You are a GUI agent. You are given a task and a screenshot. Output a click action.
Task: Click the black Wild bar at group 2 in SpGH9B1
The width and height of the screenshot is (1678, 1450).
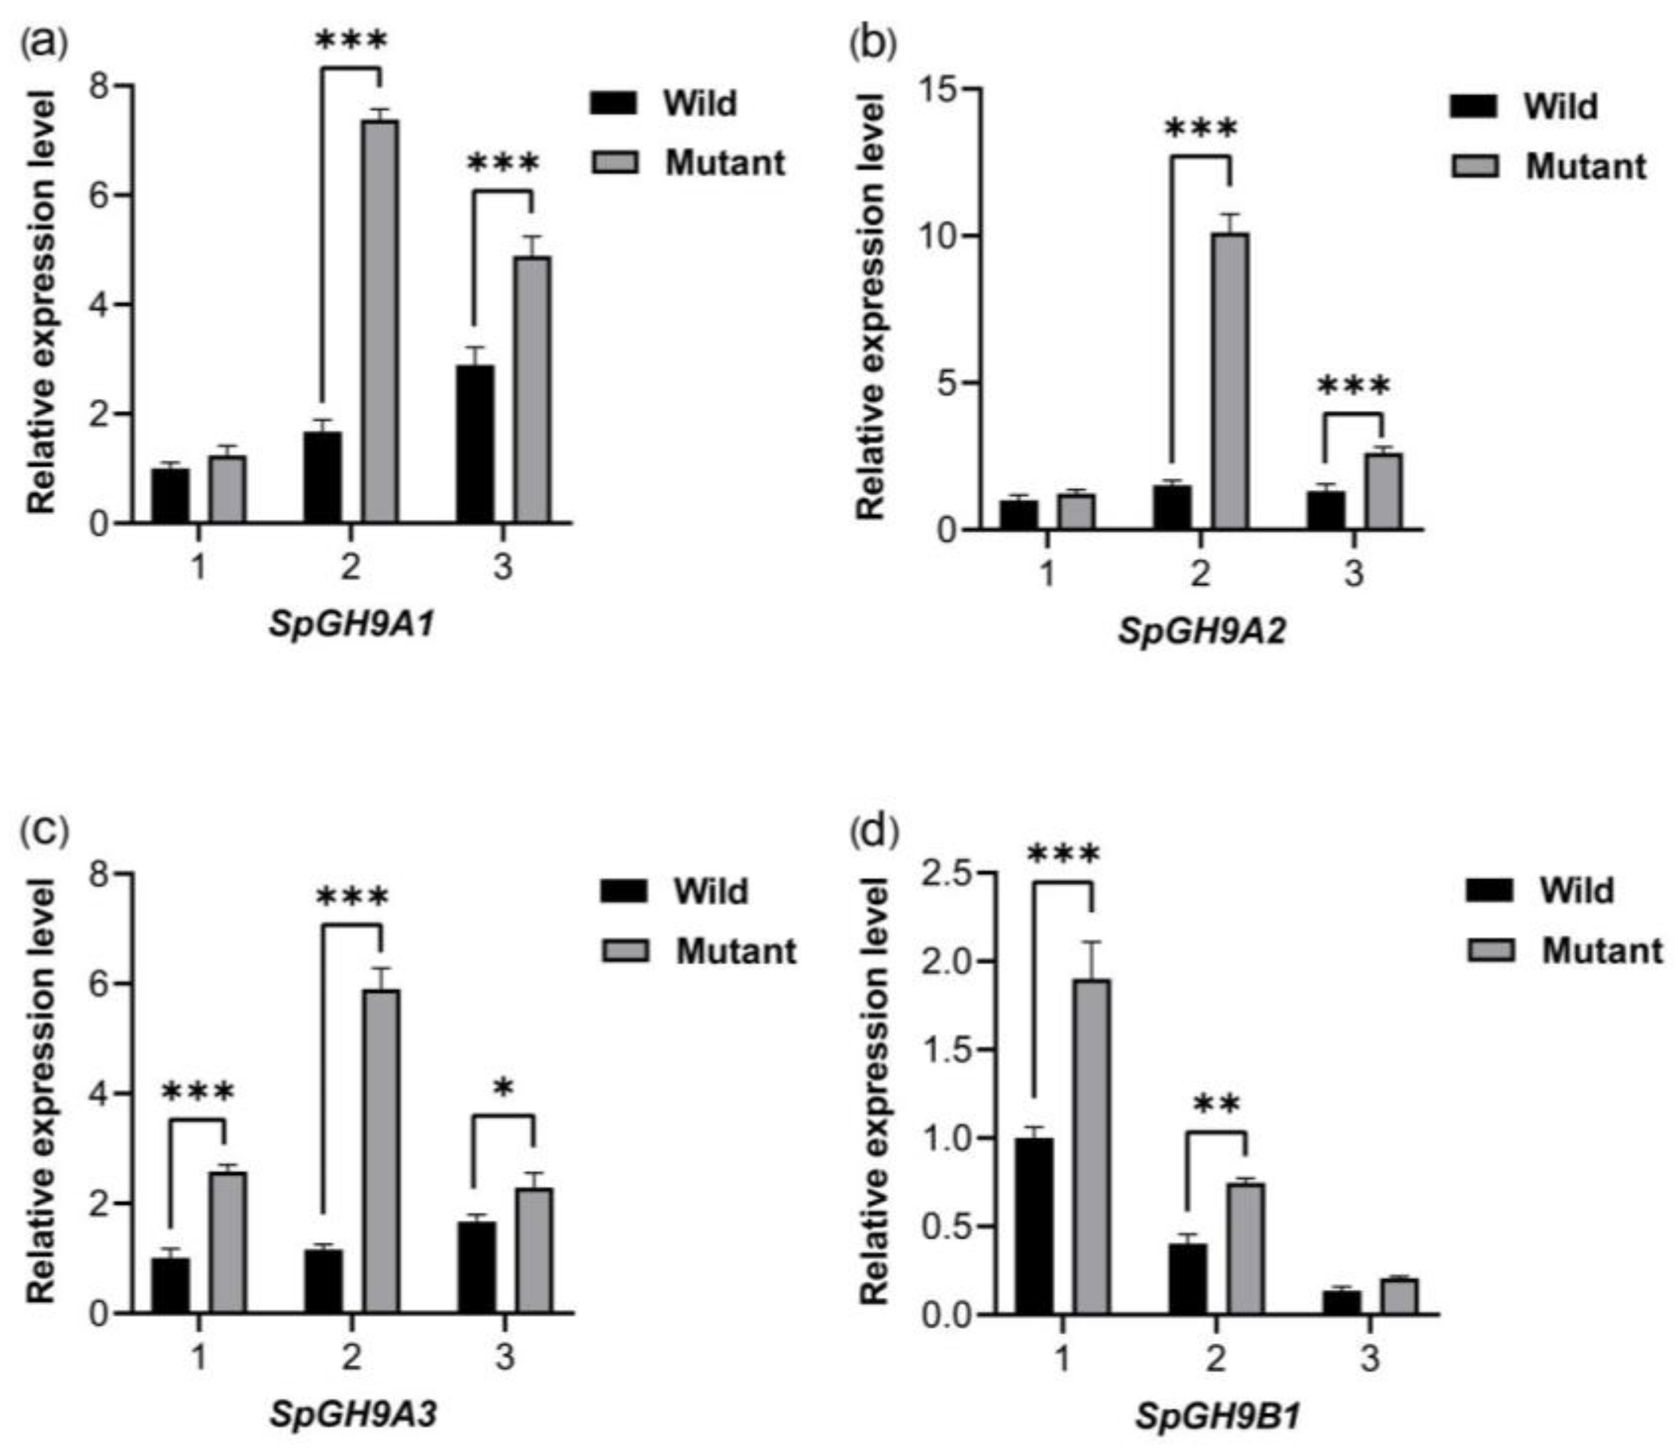click(x=1187, y=1279)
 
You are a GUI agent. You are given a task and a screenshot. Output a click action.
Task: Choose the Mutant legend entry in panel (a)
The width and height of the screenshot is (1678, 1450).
click(x=725, y=163)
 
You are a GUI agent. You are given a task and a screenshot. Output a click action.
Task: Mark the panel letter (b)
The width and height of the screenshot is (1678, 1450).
click(x=871, y=45)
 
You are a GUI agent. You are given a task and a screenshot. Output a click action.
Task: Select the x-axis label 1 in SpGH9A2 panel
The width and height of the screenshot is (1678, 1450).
click(x=1047, y=573)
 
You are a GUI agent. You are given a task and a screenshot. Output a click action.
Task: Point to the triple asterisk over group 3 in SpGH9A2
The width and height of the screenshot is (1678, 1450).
click(x=1353, y=386)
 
